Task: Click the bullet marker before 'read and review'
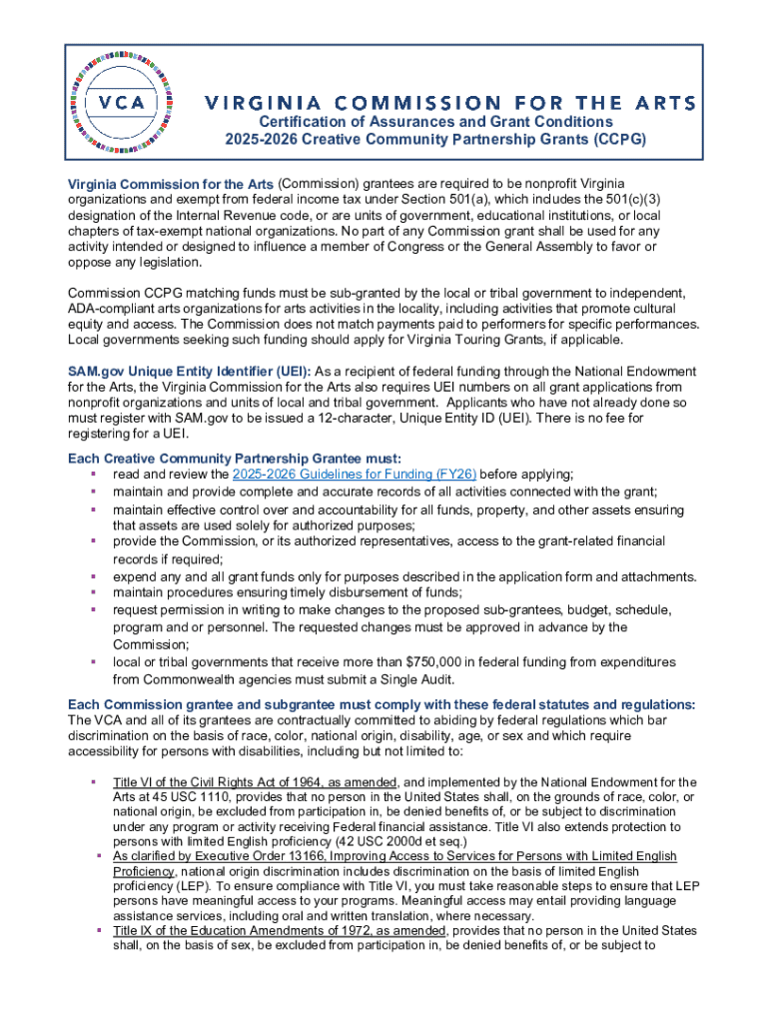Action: click(x=93, y=475)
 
